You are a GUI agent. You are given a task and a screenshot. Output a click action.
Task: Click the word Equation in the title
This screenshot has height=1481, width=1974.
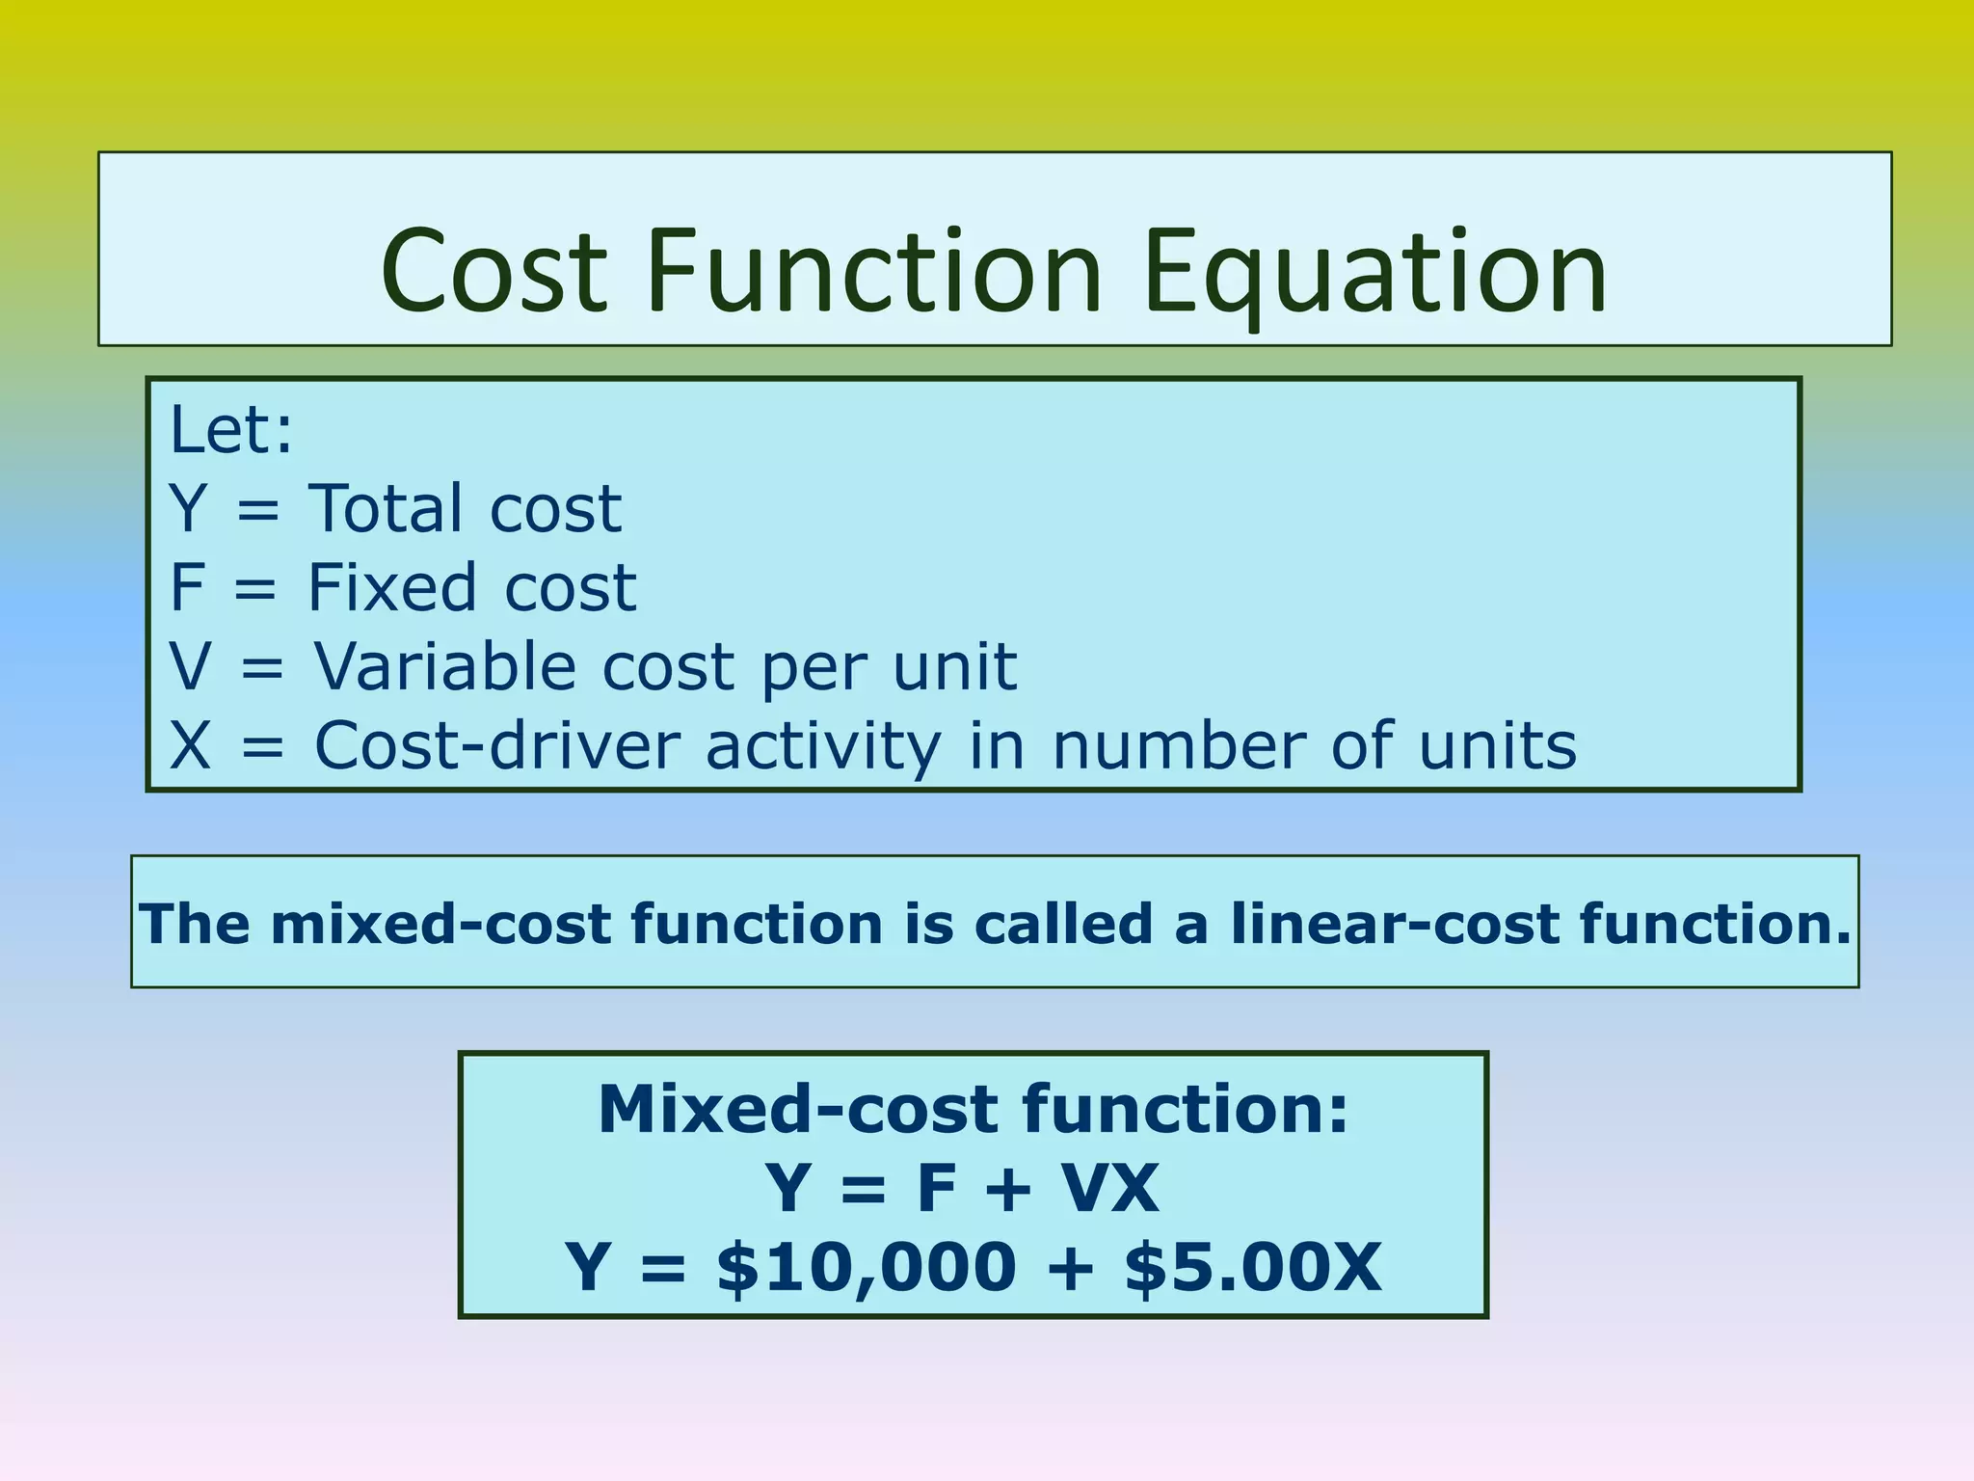point(1376,272)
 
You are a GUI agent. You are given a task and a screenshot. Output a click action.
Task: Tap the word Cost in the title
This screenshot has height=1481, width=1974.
point(493,272)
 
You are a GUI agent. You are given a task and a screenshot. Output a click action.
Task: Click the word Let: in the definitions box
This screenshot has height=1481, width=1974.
point(230,430)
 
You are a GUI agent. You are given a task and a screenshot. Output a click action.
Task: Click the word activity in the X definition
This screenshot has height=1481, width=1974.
point(823,747)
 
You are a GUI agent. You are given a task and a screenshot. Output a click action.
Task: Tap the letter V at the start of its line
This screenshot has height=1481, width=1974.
point(189,666)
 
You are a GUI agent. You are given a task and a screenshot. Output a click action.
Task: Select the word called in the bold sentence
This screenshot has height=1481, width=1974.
point(1063,924)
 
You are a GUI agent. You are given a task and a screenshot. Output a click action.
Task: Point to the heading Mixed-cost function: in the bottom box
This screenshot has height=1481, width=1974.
point(974,1109)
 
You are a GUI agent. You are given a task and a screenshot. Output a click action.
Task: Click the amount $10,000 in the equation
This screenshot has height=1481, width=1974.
point(866,1267)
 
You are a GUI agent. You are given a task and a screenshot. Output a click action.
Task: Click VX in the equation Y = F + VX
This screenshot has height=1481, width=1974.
point(1110,1188)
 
